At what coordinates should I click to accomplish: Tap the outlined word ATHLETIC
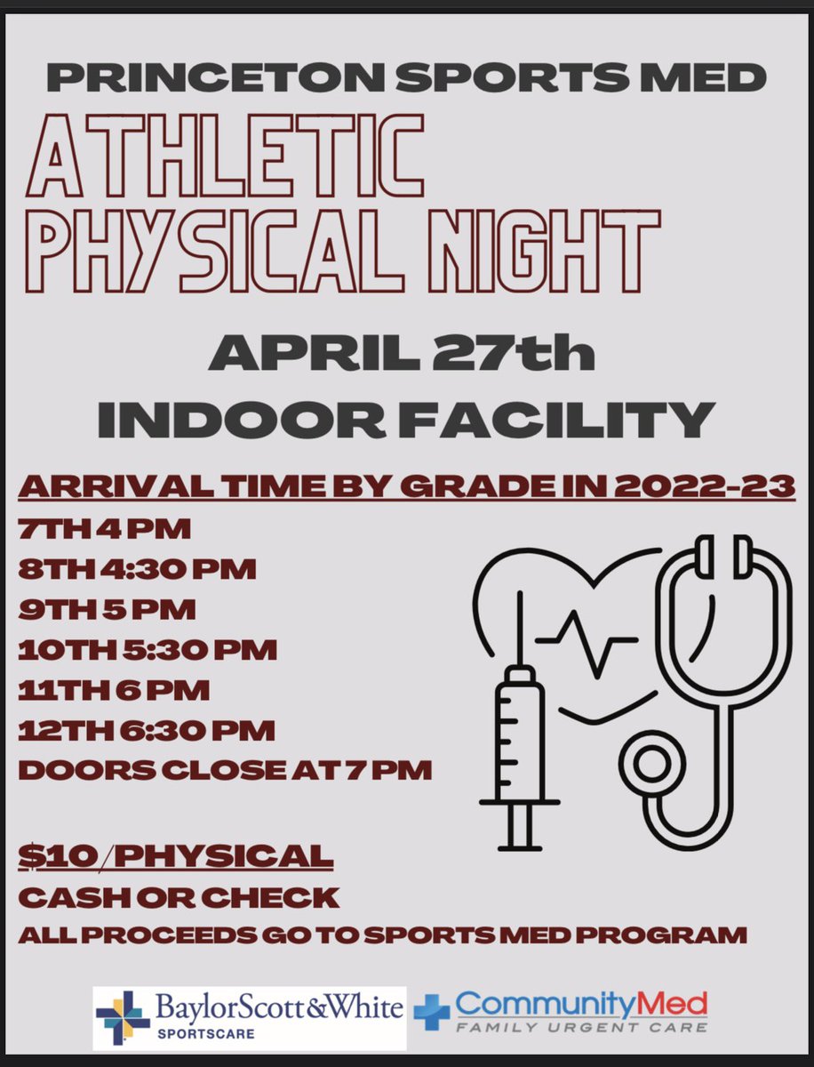225,160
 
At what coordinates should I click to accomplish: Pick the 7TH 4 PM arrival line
105,530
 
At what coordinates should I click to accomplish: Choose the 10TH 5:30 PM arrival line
148,651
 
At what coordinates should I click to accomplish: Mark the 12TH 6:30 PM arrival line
147,731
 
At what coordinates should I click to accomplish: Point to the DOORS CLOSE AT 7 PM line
225,771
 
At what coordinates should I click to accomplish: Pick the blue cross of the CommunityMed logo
433,1013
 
